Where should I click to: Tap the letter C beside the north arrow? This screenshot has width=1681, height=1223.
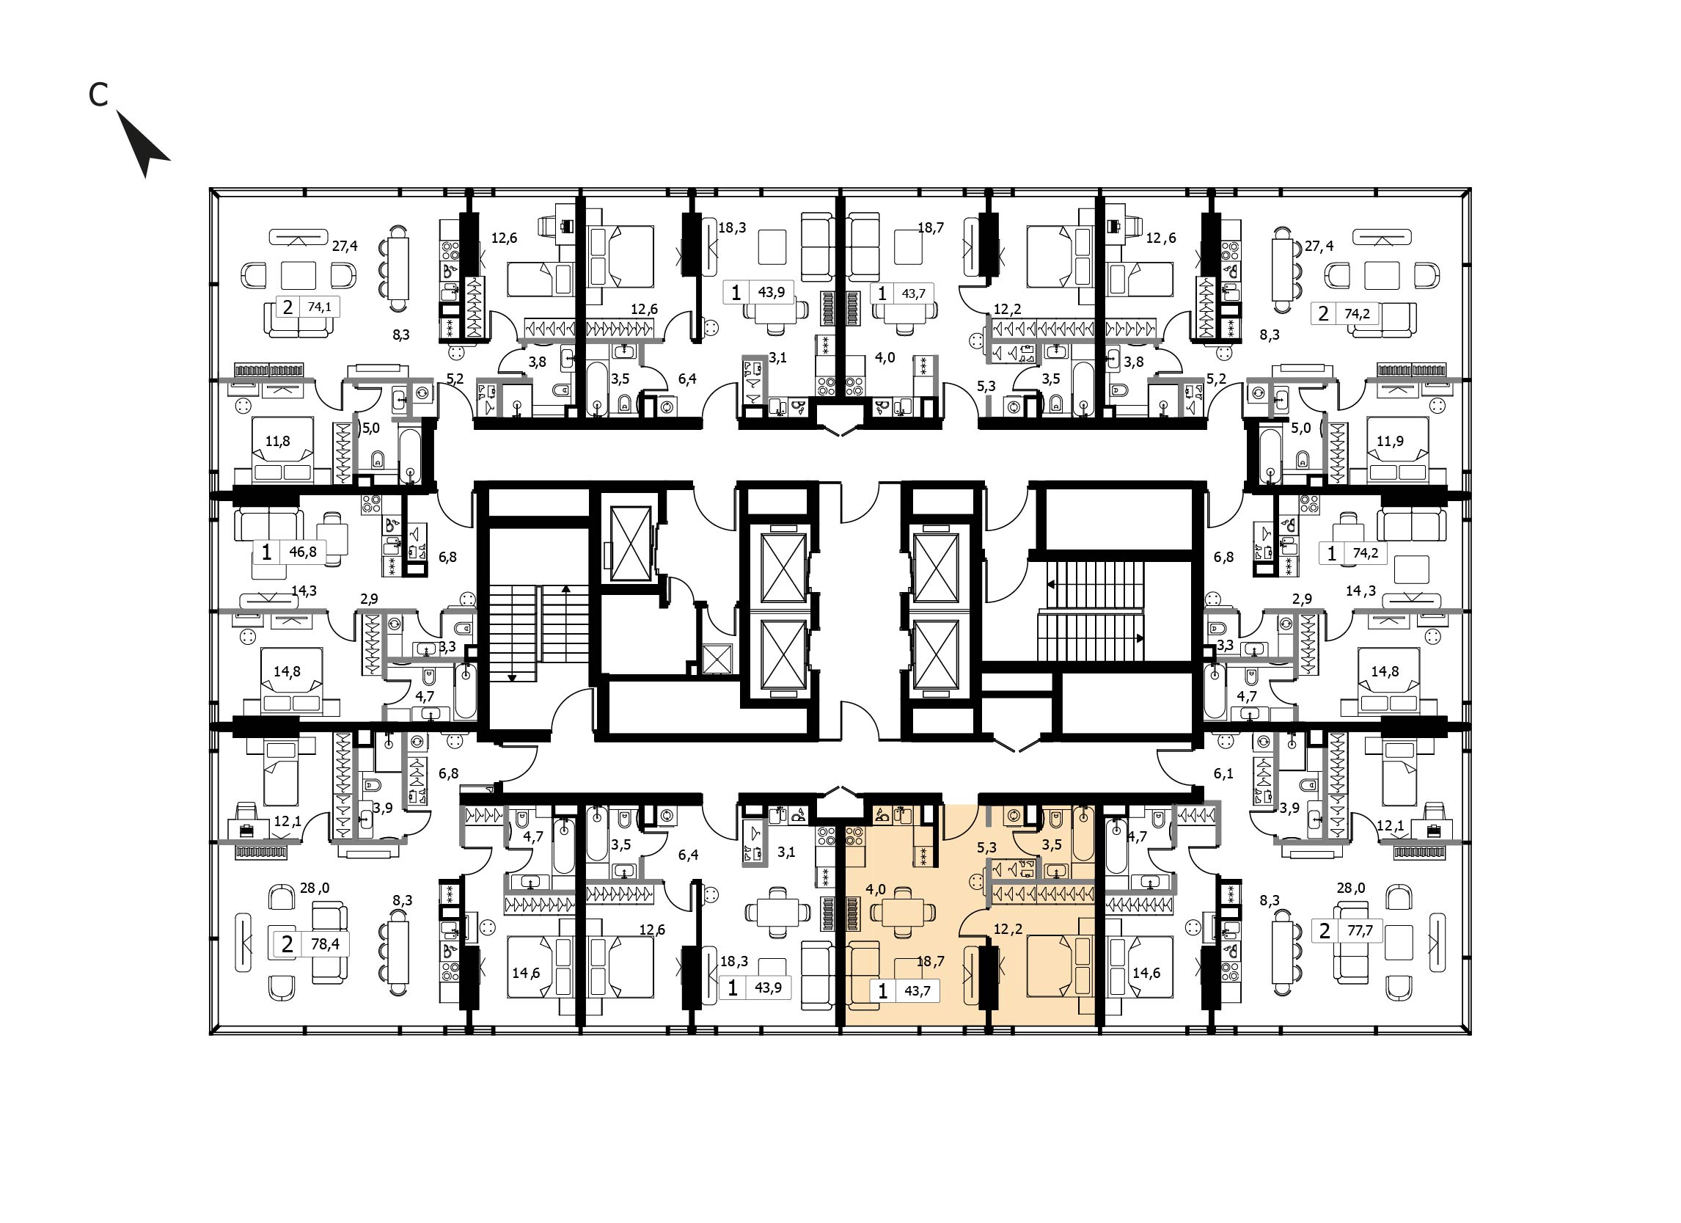click(x=98, y=94)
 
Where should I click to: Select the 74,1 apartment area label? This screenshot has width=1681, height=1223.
click(x=320, y=306)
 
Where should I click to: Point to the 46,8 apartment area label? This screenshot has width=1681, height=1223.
click(x=303, y=552)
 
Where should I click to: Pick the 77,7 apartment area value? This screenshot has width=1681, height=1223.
click(x=1360, y=930)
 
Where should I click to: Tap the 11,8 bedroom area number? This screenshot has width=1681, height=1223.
click(x=278, y=441)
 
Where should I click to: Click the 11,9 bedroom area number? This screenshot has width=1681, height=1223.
click(x=1390, y=441)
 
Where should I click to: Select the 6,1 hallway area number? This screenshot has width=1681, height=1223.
click(x=1223, y=773)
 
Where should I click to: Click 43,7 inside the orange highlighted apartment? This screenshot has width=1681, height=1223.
click(x=917, y=990)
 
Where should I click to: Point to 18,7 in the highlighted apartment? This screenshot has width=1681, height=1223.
click(x=931, y=961)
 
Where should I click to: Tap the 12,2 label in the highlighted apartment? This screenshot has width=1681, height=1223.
click(x=1008, y=929)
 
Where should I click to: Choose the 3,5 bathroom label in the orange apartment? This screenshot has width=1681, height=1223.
click(x=1052, y=844)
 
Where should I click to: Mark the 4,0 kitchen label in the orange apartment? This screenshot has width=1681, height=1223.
click(x=877, y=888)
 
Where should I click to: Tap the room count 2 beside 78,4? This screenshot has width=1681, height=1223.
click(x=287, y=943)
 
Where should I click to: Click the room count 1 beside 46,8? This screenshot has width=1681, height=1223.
click(x=267, y=552)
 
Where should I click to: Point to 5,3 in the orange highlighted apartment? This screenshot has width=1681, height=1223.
click(x=986, y=847)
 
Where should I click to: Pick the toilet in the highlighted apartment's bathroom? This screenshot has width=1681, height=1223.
click(x=1056, y=818)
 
